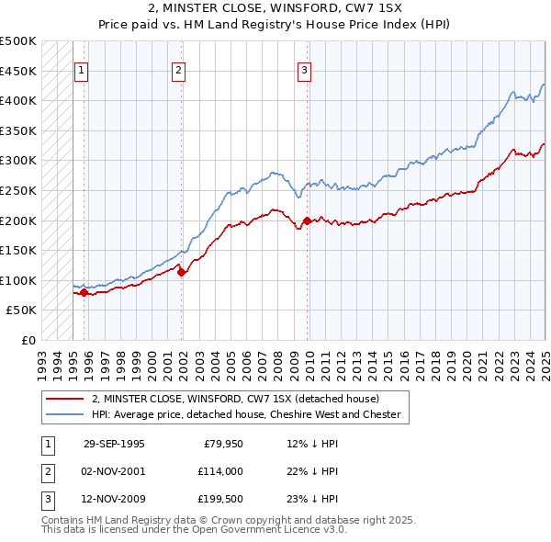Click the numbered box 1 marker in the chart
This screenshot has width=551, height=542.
click(82, 69)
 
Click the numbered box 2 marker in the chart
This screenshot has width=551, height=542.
click(178, 69)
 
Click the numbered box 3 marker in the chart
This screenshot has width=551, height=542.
click(304, 69)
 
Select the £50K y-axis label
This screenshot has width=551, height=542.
click(22, 311)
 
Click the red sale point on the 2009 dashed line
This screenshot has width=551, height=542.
click(307, 220)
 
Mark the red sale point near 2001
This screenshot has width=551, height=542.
click(181, 271)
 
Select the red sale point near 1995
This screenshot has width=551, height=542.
click(84, 292)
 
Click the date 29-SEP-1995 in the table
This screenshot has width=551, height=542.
click(114, 444)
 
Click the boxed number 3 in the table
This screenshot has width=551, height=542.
click(47, 500)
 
